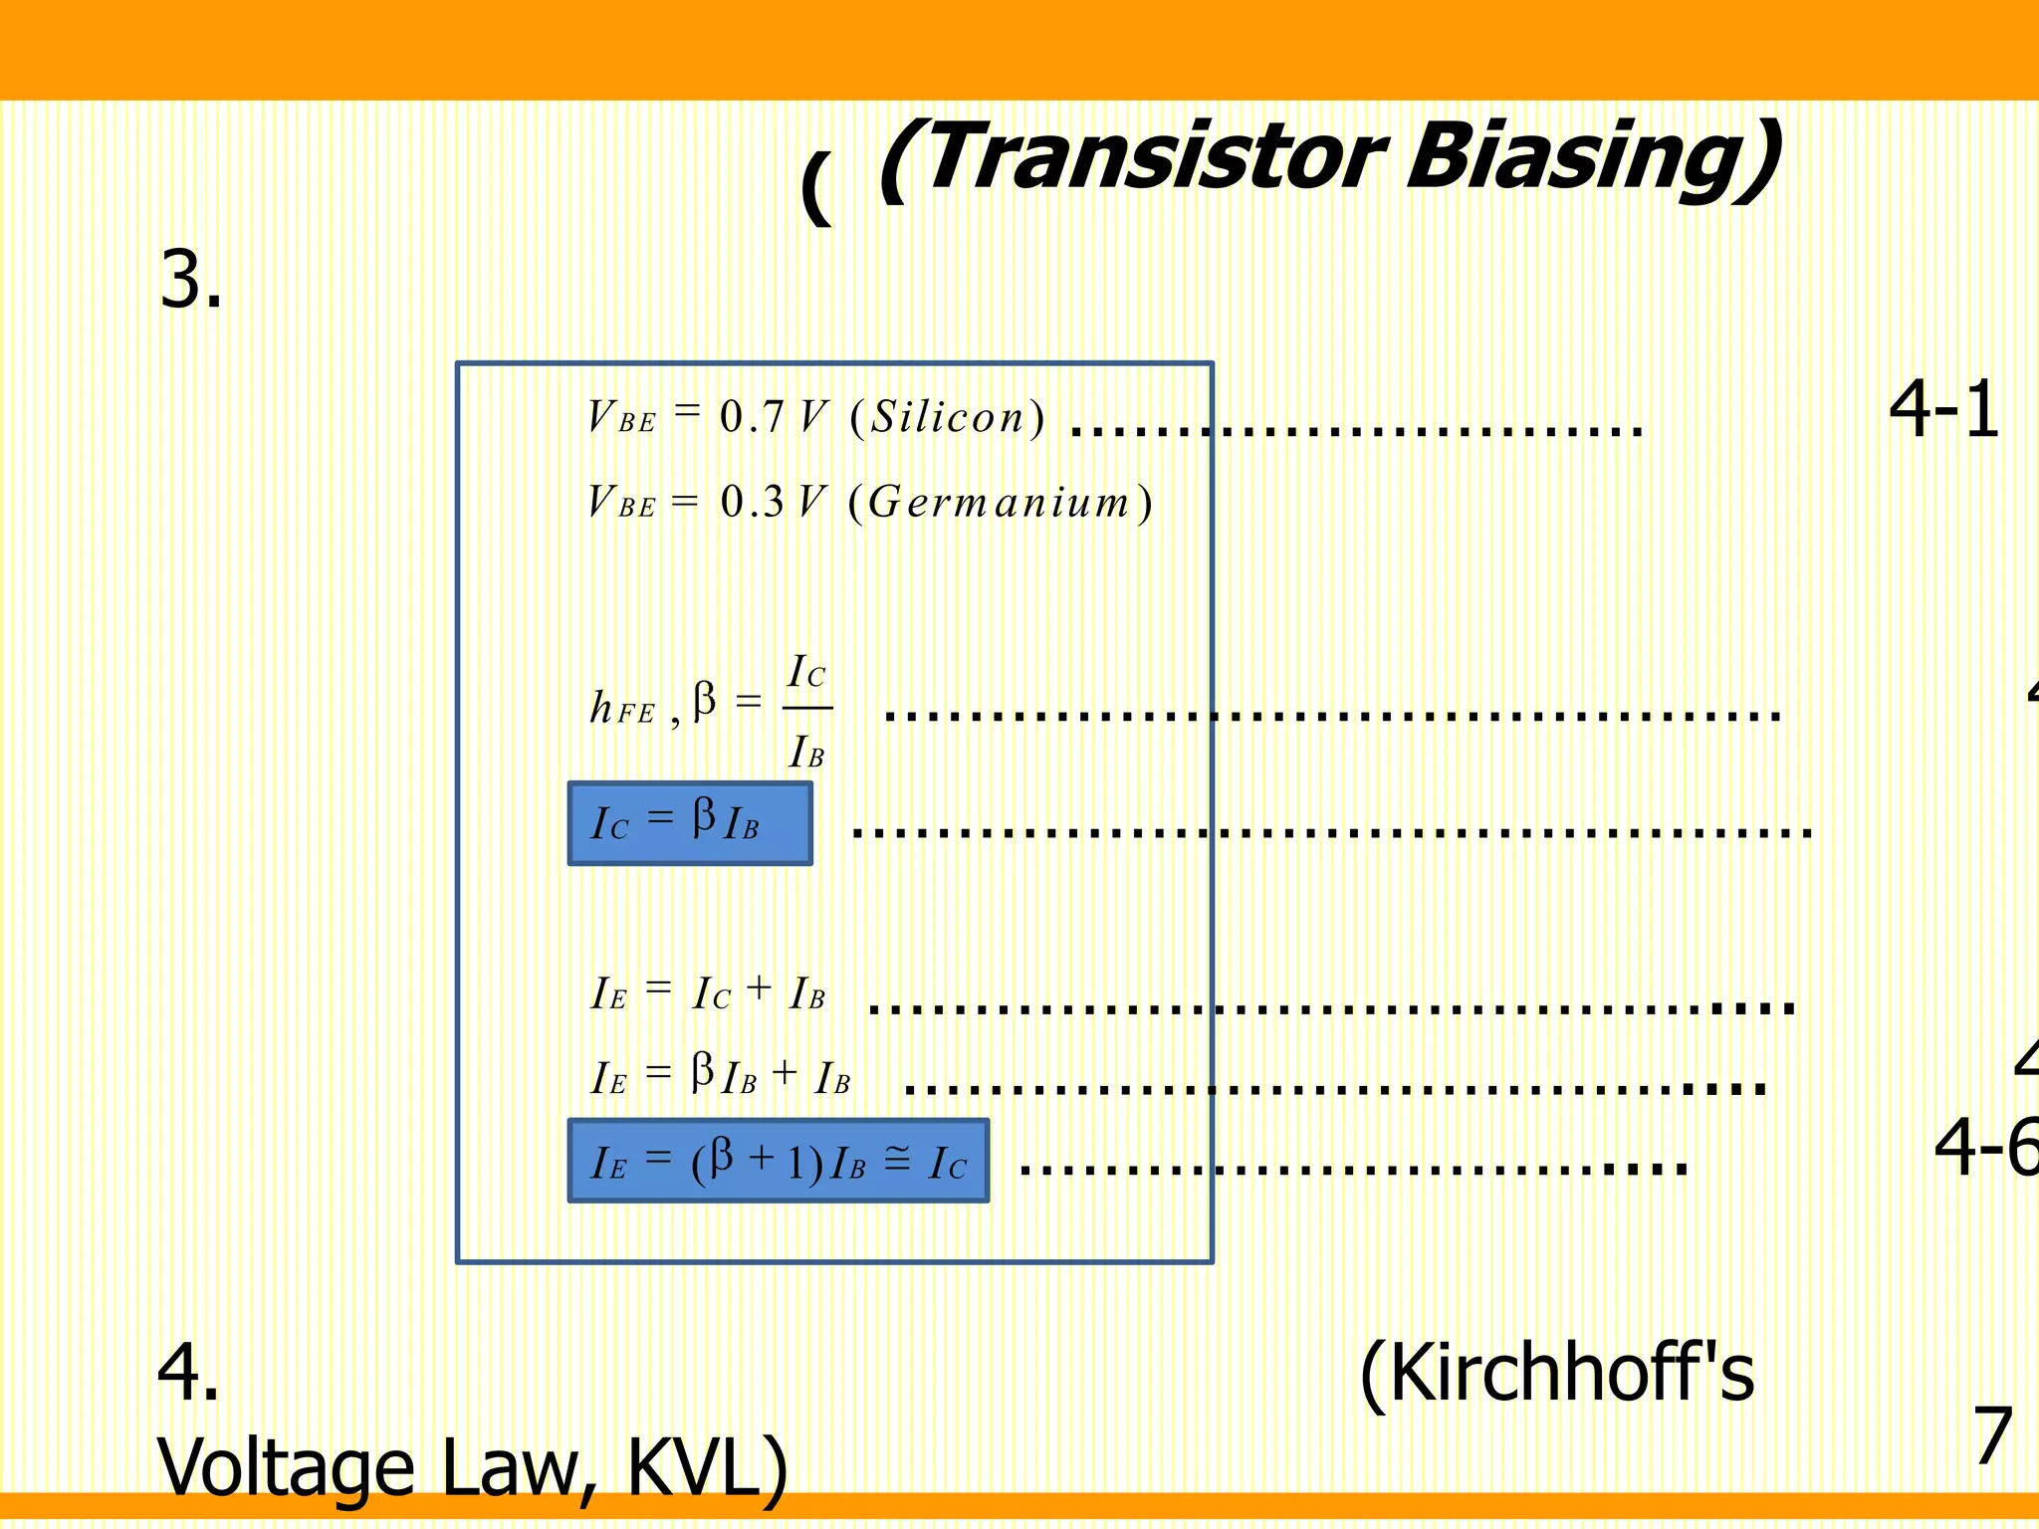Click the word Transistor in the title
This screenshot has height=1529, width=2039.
[x=1155, y=157]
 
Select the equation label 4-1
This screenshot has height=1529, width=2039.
[x=1943, y=409]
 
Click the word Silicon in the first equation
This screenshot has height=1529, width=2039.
[x=948, y=417]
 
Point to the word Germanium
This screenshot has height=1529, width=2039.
[x=1000, y=502]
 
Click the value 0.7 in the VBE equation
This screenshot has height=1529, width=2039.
[x=752, y=417]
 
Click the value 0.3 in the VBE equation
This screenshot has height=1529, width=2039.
[x=752, y=502]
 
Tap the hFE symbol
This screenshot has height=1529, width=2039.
[x=622, y=709]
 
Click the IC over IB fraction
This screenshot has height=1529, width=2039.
[x=807, y=710]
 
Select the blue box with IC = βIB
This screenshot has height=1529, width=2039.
[x=690, y=823]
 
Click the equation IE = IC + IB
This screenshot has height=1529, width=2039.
[x=708, y=992]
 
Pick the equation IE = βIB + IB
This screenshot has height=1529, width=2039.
[x=721, y=1076]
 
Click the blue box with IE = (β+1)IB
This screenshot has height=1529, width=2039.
[x=779, y=1161]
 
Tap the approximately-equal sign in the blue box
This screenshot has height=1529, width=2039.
[x=897, y=1159]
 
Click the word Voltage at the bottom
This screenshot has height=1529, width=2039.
[x=286, y=1467]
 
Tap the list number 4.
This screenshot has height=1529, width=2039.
[x=187, y=1373]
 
